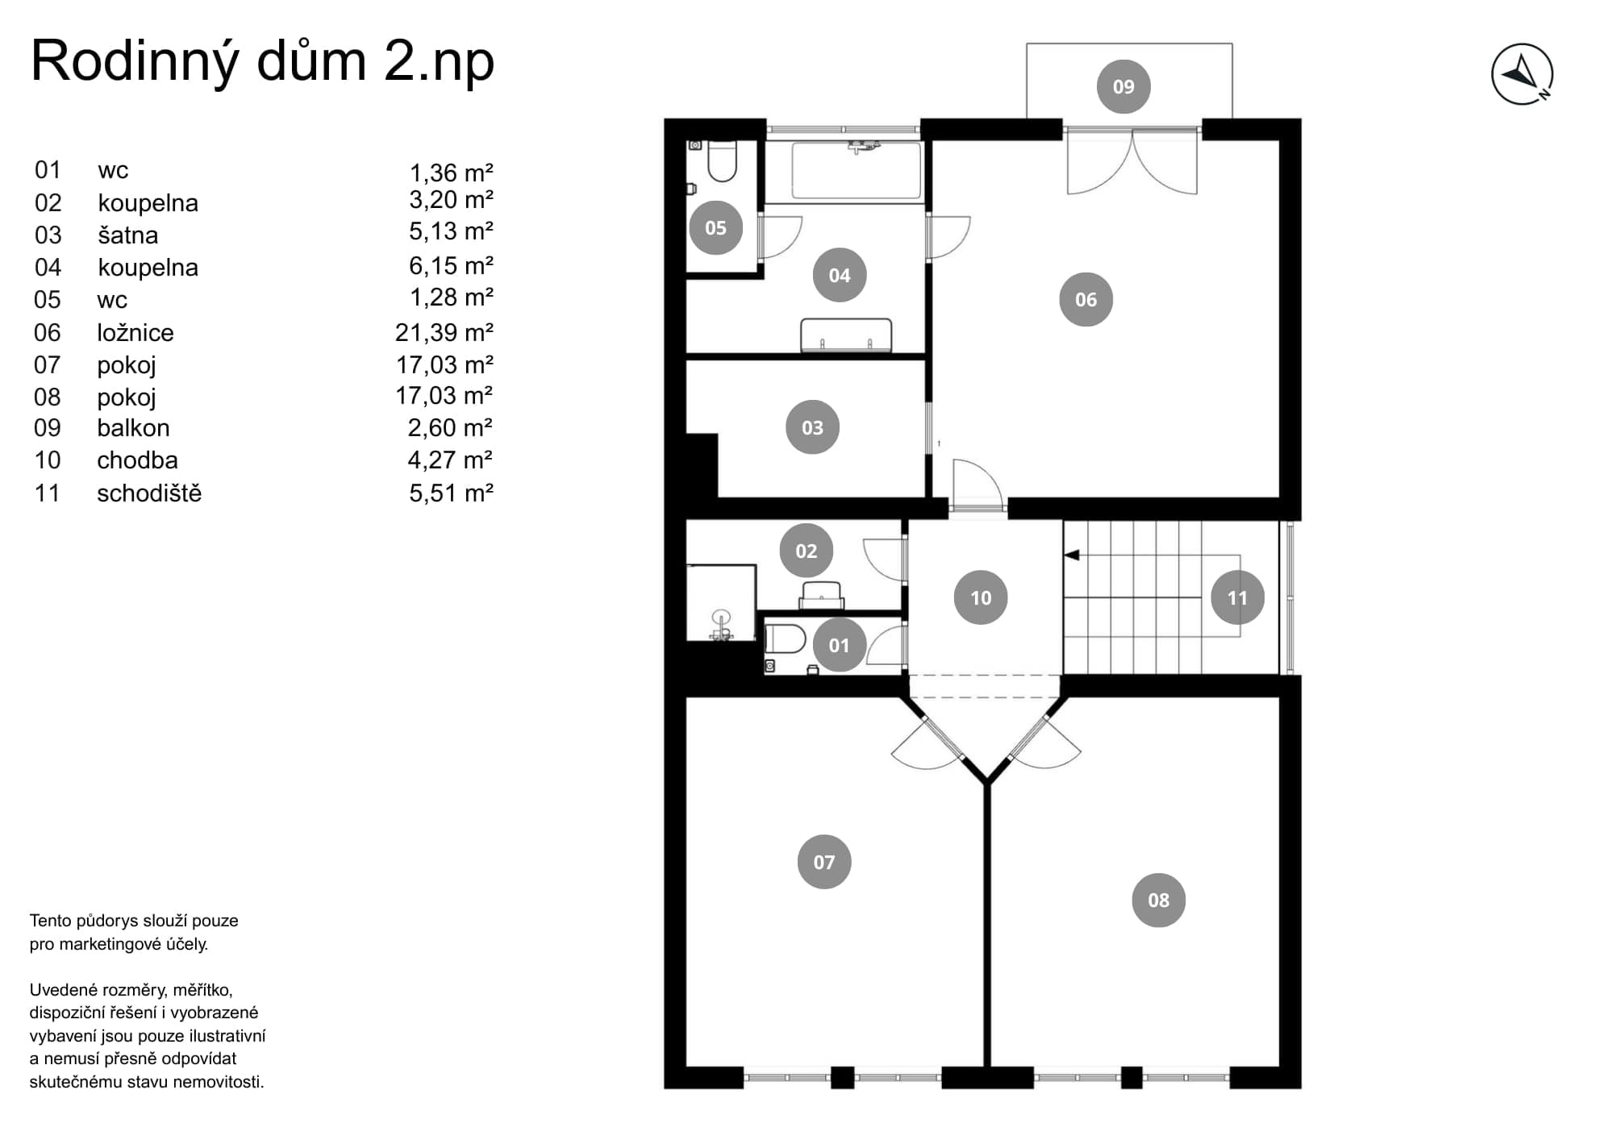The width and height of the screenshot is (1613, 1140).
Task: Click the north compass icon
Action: pyautogui.click(x=1522, y=74)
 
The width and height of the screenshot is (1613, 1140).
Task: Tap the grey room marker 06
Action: pyautogui.click(x=1086, y=299)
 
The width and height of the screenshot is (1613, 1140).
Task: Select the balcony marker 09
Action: pyautogui.click(x=1123, y=86)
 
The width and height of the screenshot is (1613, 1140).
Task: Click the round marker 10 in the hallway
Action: pyautogui.click(x=981, y=597)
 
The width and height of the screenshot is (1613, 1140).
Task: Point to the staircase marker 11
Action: pyautogui.click(x=1237, y=597)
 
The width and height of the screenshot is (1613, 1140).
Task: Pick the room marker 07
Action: pyautogui.click(x=823, y=862)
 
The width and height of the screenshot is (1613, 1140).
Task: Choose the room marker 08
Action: pyautogui.click(x=1158, y=900)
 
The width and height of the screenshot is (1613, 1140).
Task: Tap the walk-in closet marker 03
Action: pyautogui.click(x=812, y=427)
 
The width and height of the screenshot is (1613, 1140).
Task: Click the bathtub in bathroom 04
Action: pyautogui.click(x=857, y=170)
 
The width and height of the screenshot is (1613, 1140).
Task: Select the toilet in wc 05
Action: pyautogui.click(x=722, y=162)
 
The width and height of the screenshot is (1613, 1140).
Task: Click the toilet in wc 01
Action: pyautogui.click(x=786, y=639)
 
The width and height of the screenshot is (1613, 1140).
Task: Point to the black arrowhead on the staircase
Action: pyautogui.click(x=1072, y=555)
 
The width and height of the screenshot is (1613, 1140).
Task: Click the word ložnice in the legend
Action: pyautogui.click(x=135, y=332)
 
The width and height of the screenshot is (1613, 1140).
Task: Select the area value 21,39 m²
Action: pyautogui.click(x=444, y=332)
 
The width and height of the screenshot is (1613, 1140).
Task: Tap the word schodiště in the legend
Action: pyautogui.click(x=149, y=493)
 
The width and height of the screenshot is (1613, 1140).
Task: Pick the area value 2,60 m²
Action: pyautogui.click(x=450, y=428)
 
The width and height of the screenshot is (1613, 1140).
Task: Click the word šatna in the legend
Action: pyautogui.click(x=128, y=235)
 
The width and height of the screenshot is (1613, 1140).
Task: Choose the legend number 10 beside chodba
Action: pyautogui.click(x=48, y=460)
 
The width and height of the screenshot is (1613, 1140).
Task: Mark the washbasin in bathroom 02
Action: pyautogui.click(x=822, y=595)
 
